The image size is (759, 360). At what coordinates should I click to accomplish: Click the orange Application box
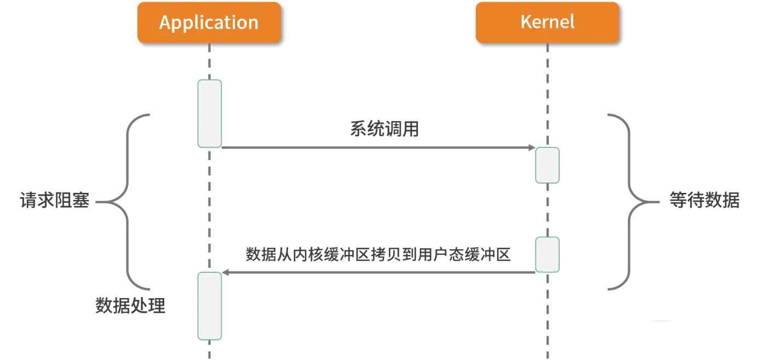click(x=209, y=22)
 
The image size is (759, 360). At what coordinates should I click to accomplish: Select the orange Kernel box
click(x=547, y=22)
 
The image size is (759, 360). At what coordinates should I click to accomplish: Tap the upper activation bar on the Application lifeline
click(x=210, y=113)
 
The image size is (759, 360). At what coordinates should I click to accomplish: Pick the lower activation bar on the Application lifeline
click(x=210, y=306)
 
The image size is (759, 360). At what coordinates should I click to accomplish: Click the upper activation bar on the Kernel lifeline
click(x=547, y=164)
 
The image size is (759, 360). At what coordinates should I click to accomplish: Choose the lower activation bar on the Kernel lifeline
click(x=547, y=254)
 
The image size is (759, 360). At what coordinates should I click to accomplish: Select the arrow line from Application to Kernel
click(x=372, y=147)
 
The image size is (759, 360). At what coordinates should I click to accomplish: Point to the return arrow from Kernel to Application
click(x=378, y=269)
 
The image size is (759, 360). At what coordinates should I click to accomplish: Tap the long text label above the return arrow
click(x=378, y=254)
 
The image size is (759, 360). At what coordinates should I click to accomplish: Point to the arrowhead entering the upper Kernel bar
click(x=530, y=147)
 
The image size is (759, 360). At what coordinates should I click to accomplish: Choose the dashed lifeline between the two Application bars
click(x=210, y=208)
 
